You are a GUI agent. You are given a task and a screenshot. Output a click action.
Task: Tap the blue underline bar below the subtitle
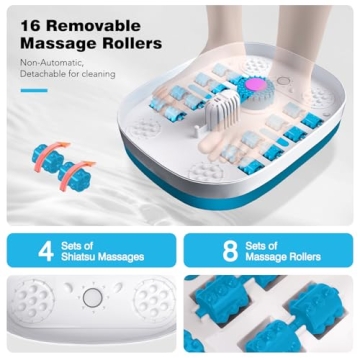[x=34, y=90]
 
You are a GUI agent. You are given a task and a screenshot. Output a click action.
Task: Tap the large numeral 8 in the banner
[x=230, y=250]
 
